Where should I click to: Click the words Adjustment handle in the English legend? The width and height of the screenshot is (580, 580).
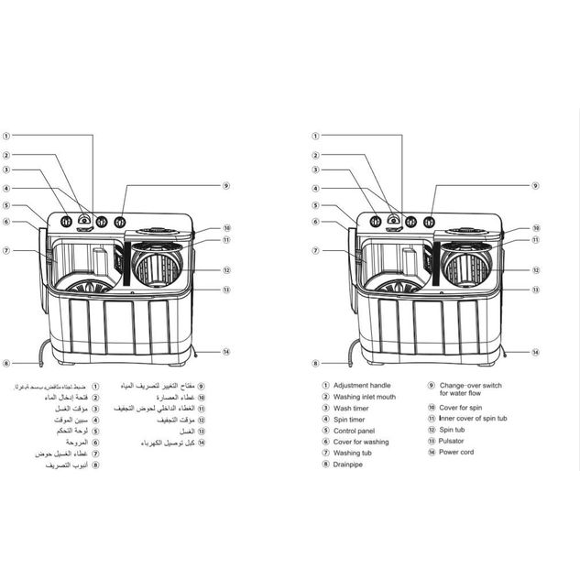click(362, 386)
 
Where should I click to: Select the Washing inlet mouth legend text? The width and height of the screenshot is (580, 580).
click(365, 397)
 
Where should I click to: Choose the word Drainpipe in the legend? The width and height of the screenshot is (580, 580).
click(349, 464)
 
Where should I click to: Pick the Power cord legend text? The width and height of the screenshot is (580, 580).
click(457, 452)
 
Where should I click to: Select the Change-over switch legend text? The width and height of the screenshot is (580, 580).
click(471, 386)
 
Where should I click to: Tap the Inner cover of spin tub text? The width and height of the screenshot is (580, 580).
click(473, 419)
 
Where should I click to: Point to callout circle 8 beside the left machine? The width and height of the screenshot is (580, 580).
click(5, 363)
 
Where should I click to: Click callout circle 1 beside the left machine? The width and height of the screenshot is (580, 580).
click(5, 141)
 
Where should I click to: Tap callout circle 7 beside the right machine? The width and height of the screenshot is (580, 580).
click(315, 250)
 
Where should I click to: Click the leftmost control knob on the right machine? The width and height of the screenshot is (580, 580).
click(376, 222)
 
